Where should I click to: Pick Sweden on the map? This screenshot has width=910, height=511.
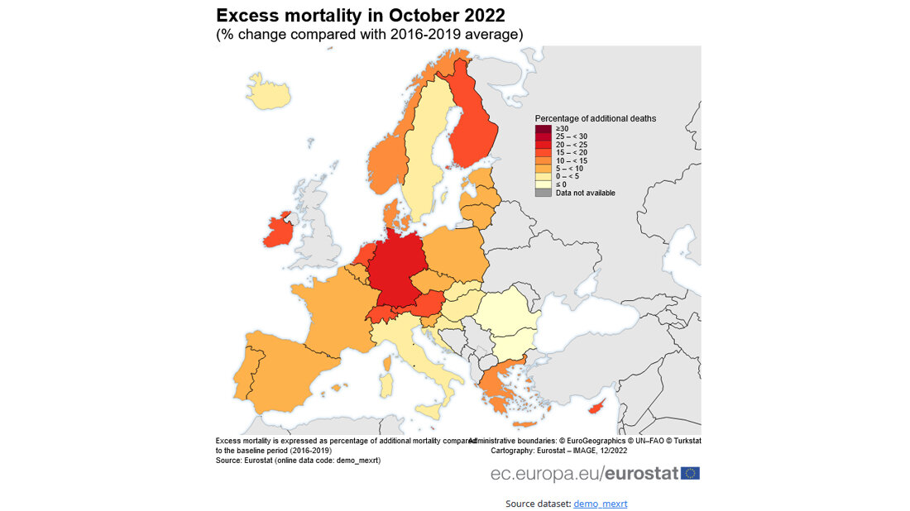tap(427, 157)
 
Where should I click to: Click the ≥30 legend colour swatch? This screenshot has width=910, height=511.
tap(543, 129)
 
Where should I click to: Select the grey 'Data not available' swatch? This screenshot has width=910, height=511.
tap(543, 193)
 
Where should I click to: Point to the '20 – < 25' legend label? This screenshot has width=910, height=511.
tap(572, 145)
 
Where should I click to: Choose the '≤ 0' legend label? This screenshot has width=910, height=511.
tap(561, 184)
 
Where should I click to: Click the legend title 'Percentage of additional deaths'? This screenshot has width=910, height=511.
tap(595, 118)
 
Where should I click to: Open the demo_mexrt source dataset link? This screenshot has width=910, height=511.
tap(600, 503)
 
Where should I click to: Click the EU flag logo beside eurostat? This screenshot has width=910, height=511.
tap(690, 473)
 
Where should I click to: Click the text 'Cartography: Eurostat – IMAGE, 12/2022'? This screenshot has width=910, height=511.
tap(560, 451)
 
